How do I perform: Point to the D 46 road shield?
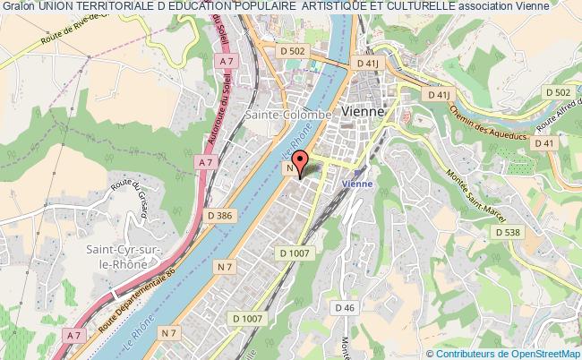tap(345, 307)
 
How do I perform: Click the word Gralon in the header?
tap(18, 7)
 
